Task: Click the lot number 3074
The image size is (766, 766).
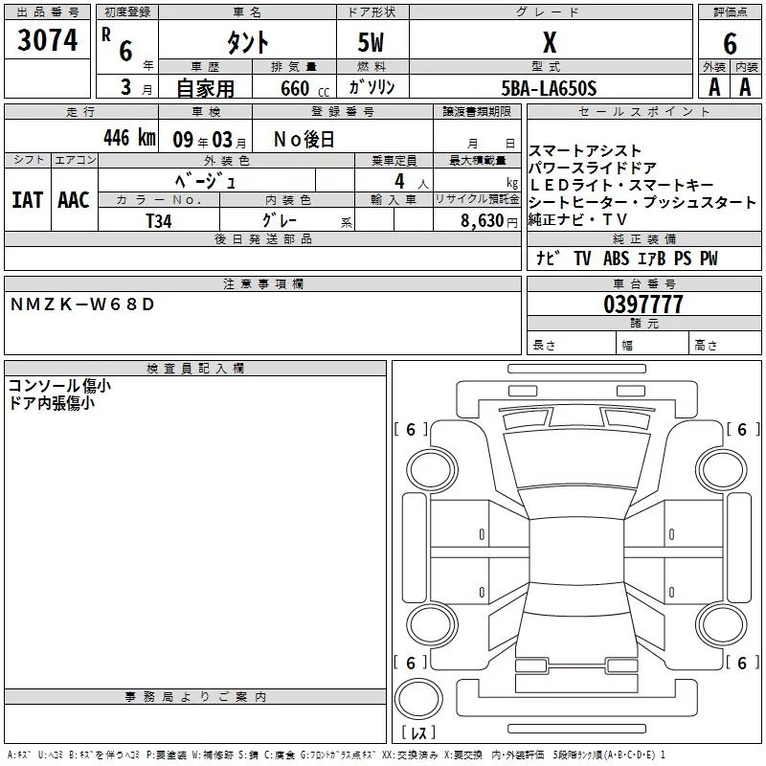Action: coord(48,41)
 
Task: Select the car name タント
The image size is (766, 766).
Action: coord(246,43)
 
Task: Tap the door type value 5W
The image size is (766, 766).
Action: coord(372,43)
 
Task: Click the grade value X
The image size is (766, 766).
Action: coord(549,43)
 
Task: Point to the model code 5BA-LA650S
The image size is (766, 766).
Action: coord(549,88)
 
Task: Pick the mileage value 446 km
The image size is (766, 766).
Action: coord(128,137)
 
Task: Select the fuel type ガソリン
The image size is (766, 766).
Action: coord(372,87)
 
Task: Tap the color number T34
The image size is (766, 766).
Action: coord(159,219)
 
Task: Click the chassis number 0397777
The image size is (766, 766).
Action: coord(643,304)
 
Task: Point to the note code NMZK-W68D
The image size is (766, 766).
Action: coord(81,304)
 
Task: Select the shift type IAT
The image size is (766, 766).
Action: coord(27,199)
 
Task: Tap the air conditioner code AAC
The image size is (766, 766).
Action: coord(73,199)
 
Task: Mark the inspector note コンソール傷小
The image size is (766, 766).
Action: coord(58,386)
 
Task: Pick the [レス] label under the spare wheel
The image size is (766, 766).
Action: coord(418,732)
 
